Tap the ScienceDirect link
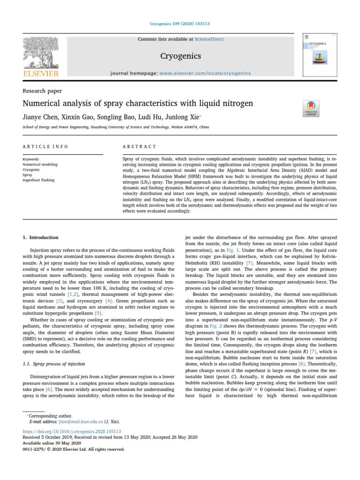(x=209, y=39)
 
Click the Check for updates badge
(x=311, y=108)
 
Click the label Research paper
(x=42, y=91)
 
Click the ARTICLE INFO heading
(x=45, y=147)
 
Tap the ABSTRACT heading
(x=136, y=147)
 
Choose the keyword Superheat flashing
(x=38, y=180)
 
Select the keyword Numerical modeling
(x=40, y=165)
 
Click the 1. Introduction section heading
(x=41, y=238)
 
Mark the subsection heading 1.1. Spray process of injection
(x=54, y=364)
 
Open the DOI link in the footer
(x=72, y=431)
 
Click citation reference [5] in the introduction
(x=97, y=313)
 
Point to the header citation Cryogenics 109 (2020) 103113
(x=180, y=23)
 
